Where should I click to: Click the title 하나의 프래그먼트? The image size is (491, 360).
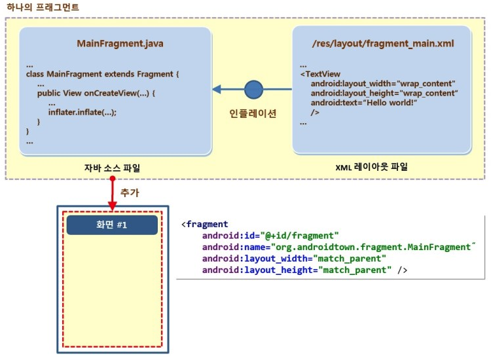coord(43,8)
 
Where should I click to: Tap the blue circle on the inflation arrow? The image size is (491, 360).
coord(253,89)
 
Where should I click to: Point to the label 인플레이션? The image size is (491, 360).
coord(253,113)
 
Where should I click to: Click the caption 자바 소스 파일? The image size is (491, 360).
coord(112,168)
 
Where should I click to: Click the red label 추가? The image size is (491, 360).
coord(130,193)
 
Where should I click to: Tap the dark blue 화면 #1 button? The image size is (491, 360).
coord(112,225)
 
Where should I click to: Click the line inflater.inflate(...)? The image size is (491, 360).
coord(82,112)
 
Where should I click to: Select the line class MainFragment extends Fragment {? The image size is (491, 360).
coord(102,74)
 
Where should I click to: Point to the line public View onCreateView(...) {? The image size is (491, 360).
coord(96,93)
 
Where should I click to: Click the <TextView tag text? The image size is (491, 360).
coord(320,75)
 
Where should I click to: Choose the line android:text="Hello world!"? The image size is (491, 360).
coord(364,103)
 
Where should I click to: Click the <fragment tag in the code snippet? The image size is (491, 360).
coord(205,225)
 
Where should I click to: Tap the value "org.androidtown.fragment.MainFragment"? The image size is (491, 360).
coord(372,247)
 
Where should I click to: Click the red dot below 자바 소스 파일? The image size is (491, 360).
coord(113,178)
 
